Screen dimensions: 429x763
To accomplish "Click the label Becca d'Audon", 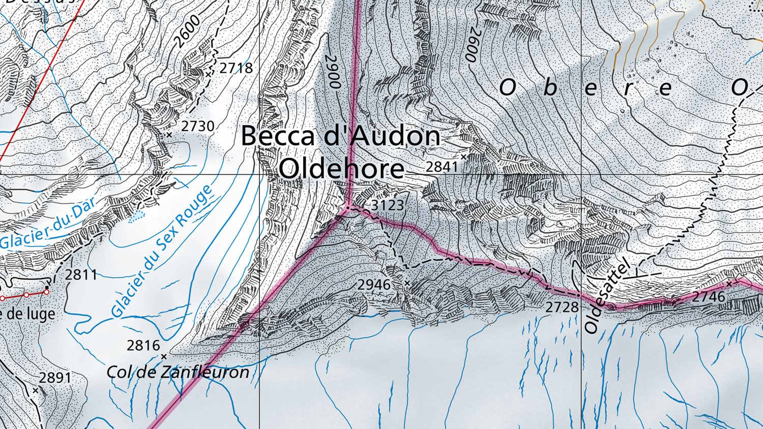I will tap(340, 136).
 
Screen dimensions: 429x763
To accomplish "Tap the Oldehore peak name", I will tap(341, 168).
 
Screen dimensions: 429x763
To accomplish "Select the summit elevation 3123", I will tap(388, 205).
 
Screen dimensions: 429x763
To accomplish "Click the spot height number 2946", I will tap(374, 285).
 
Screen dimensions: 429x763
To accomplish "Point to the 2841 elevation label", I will tap(442, 166).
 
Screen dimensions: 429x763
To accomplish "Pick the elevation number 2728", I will tap(562, 307).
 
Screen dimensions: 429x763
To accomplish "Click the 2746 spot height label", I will tap(709, 297).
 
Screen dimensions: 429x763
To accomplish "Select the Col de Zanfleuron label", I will tap(178, 372).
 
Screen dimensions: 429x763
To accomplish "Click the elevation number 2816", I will tap(143, 346).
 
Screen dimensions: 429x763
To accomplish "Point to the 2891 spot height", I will tap(55, 378).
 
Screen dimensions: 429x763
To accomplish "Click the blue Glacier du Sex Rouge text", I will tap(162, 251).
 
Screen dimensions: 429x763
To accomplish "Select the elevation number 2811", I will tap(81, 275).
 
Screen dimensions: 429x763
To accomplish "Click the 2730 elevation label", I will tap(197, 126).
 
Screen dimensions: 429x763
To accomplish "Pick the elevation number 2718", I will tap(236, 68).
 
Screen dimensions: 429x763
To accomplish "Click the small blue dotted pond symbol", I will tap(136, 217).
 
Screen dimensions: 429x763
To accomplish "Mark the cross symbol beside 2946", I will tap(407, 283).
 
